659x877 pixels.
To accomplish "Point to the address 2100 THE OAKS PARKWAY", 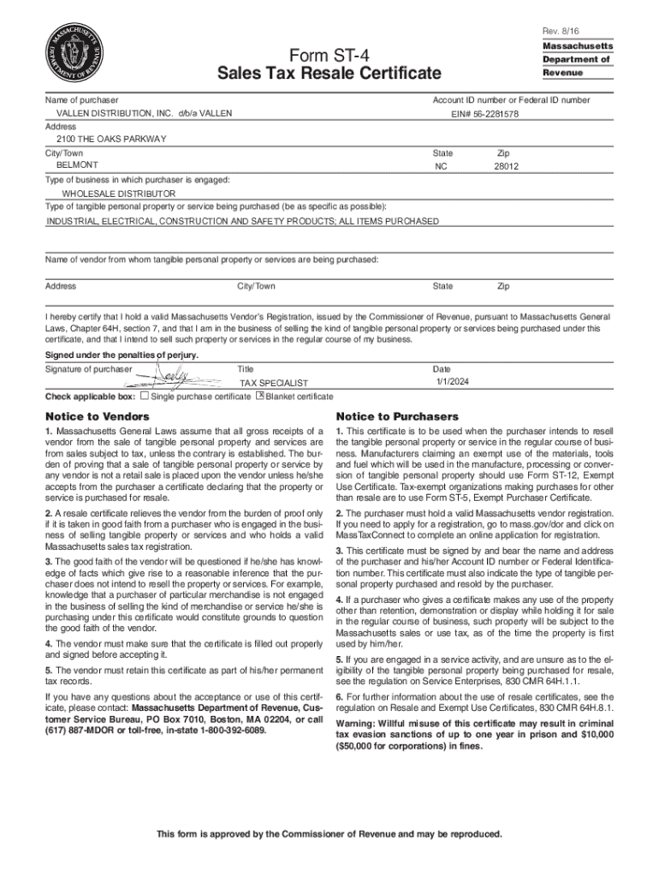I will tap(111, 139).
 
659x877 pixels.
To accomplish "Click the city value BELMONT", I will tap(77, 164).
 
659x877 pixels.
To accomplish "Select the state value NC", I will tap(442, 168).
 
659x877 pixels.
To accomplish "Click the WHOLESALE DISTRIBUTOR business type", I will tap(118, 194).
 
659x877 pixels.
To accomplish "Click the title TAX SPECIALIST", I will tap(274, 384).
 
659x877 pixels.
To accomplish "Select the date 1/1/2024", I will tap(452, 381).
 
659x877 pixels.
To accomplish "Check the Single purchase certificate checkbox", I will tap(145, 397).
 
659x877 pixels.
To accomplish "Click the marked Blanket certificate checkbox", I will tap(260, 396).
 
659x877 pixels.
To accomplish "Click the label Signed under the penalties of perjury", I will tap(122, 355).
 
